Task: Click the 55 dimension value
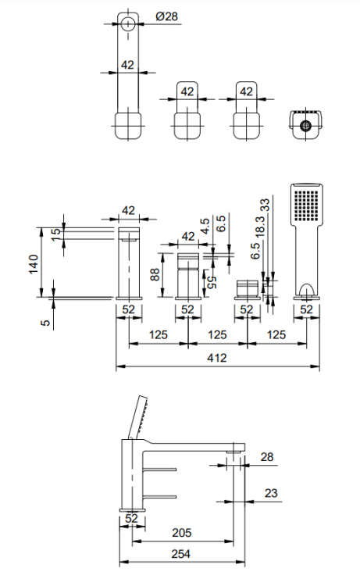(210, 282)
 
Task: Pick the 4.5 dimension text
(205, 227)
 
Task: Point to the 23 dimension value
(271, 493)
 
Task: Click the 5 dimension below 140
(45, 320)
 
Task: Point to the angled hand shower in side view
(139, 415)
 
